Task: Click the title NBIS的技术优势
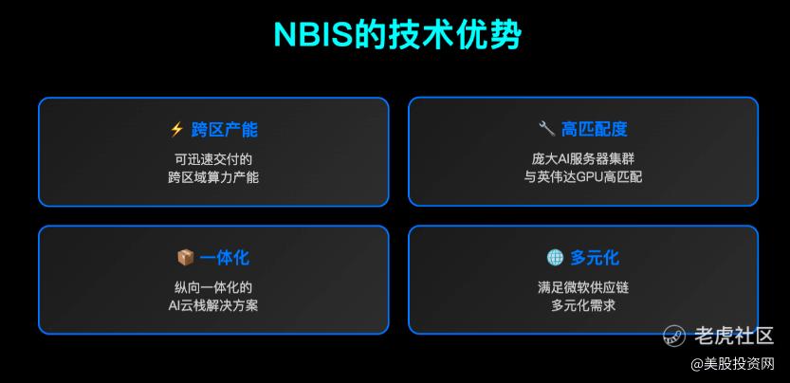click(x=397, y=35)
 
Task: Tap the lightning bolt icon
click(x=176, y=130)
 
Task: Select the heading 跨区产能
click(x=224, y=130)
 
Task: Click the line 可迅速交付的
click(x=213, y=159)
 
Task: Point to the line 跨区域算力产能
click(x=213, y=177)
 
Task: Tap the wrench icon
click(x=546, y=130)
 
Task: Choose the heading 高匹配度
click(x=595, y=130)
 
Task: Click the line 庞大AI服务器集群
click(x=583, y=159)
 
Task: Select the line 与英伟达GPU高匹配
click(x=583, y=177)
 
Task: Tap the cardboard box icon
click(x=186, y=258)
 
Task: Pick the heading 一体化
click(x=224, y=258)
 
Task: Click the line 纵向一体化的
click(x=213, y=288)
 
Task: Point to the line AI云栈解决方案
click(x=213, y=306)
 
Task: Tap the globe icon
click(x=555, y=258)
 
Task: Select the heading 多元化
click(x=595, y=258)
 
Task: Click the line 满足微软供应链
click(x=583, y=288)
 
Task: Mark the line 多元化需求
click(x=583, y=306)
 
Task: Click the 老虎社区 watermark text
click(x=734, y=336)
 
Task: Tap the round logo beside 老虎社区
click(x=674, y=336)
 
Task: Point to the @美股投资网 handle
click(x=732, y=364)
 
